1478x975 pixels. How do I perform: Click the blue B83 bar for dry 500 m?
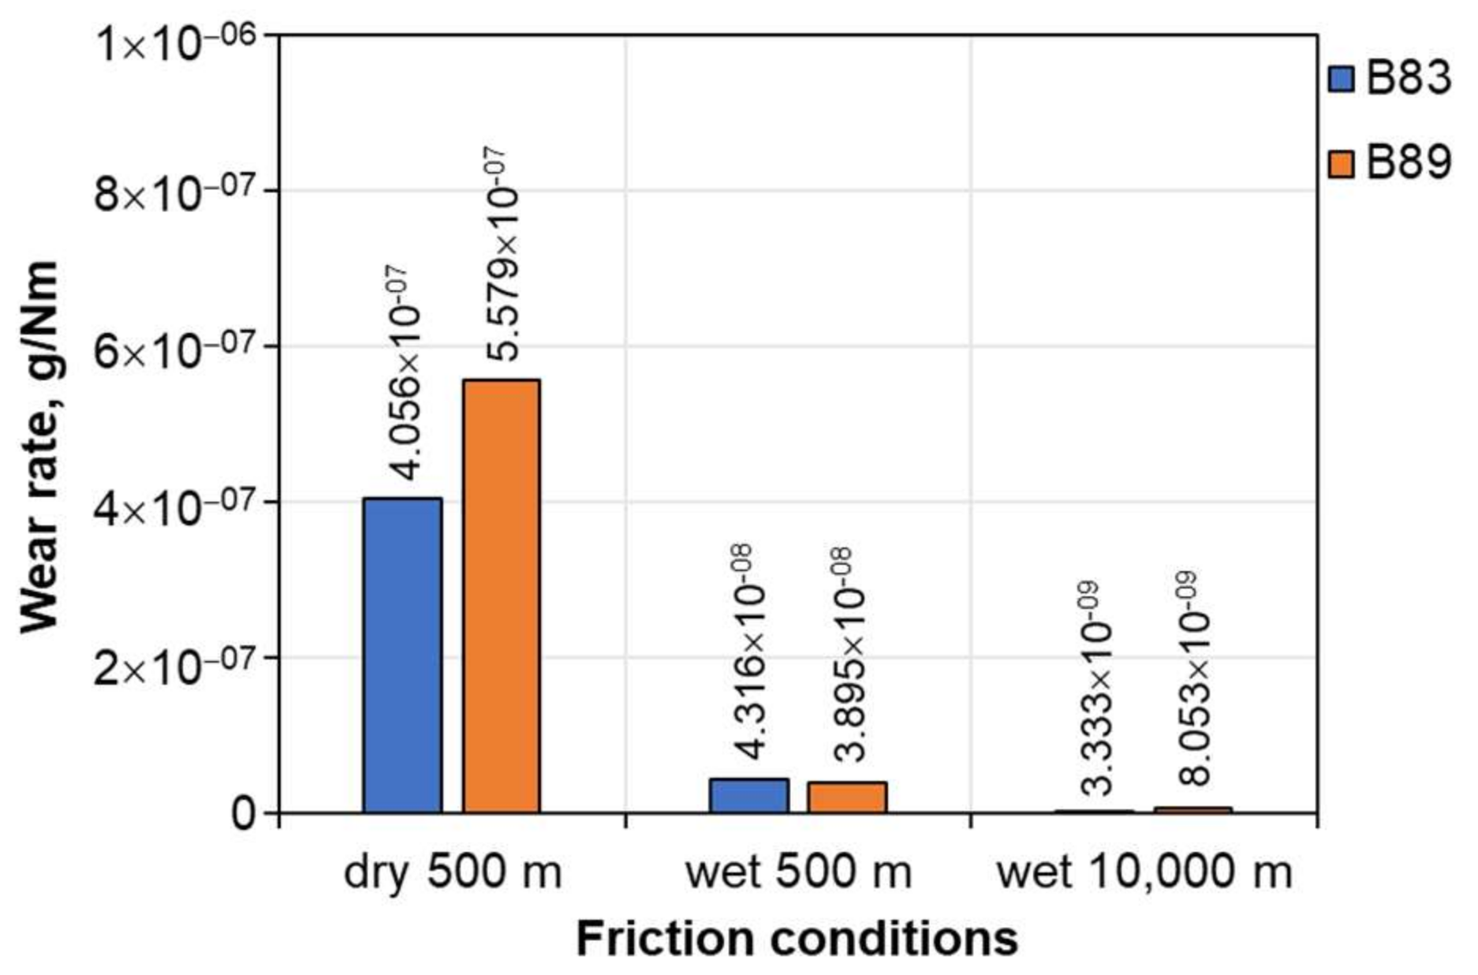click(402, 655)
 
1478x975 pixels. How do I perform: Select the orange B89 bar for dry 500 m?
click(501, 596)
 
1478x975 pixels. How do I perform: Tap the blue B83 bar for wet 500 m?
click(748, 795)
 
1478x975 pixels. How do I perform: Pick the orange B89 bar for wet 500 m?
click(847, 797)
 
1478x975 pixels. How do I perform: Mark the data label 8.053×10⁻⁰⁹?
click(1194, 678)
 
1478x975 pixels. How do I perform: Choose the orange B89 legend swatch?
click(1342, 164)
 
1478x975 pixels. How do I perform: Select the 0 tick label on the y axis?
click(244, 813)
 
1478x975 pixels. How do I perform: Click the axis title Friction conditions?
click(797, 940)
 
